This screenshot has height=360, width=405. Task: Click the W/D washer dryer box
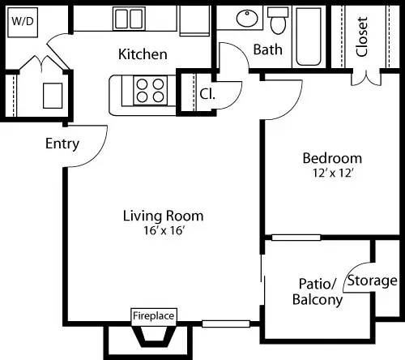(x=21, y=22)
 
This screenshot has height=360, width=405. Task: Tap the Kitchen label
(x=143, y=54)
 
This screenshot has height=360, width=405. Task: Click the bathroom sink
(x=246, y=19)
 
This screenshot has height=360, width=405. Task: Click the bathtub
(x=309, y=36)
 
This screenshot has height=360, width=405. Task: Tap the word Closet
(x=362, y=36)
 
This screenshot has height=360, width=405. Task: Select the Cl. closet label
(x=207, y=92)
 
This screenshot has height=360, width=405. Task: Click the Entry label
(x=62, y=144)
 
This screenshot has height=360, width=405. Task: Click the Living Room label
(x=163, y=216)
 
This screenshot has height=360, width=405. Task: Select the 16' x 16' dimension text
(x=163, y=230)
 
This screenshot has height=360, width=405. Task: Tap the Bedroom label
(x=332, y=157)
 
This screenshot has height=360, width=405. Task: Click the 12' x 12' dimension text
(x=332, y=172)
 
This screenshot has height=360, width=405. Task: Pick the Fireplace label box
(x=154, y=315)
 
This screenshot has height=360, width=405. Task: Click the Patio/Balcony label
(x=317, y=292)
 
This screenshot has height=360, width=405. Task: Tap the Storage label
(x=372, y=281)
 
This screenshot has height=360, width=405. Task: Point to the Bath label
(x=268, y=49)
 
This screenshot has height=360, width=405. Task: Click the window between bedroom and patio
(x=295, y=238)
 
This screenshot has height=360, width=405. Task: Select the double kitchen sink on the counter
(x=127, y=18)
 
